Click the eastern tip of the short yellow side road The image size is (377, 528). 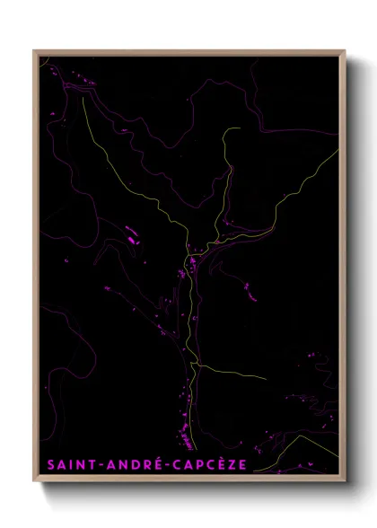pos(266,380)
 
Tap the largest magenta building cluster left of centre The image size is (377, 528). pos(134,239)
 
